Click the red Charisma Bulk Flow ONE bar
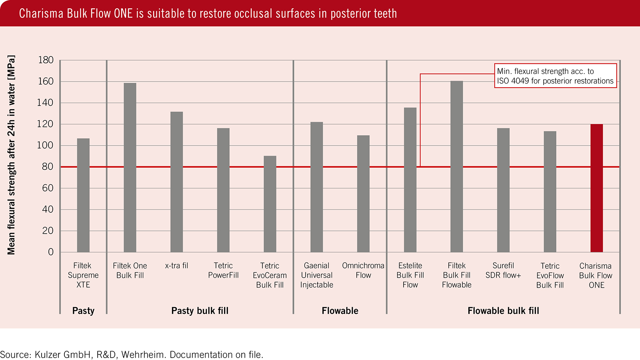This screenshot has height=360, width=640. click(x=596, y=188)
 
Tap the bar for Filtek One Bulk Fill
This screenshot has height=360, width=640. click(x=130, y=168)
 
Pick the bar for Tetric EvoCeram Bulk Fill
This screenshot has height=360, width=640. click(x=270, y=204)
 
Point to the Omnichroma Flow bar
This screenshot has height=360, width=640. click(x=363, y=194)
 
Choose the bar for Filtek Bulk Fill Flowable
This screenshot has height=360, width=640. click(x=457, y=166)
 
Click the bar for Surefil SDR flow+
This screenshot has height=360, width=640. click(x=503, y=190)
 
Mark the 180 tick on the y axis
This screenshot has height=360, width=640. click(x=46, y=60)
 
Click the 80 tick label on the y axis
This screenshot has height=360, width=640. click(x=48, y=167)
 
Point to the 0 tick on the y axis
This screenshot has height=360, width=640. click(x=51, y=252)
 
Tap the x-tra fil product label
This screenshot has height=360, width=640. click(x=176, y=266)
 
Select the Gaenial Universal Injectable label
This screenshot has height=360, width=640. click(x=316, y=275)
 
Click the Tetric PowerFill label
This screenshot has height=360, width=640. click(x=223, y=270)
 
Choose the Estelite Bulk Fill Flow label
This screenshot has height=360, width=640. click(x=410, y=275)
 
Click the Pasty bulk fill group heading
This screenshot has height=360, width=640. click(x=200, y=311)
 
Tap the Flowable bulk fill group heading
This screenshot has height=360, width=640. click(x=503, y=311)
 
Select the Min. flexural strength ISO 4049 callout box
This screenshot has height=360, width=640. click(x=555, y=76)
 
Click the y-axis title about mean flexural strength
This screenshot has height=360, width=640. click(x=11, y=155)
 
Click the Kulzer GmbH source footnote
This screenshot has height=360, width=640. click(x=132, y=354)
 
